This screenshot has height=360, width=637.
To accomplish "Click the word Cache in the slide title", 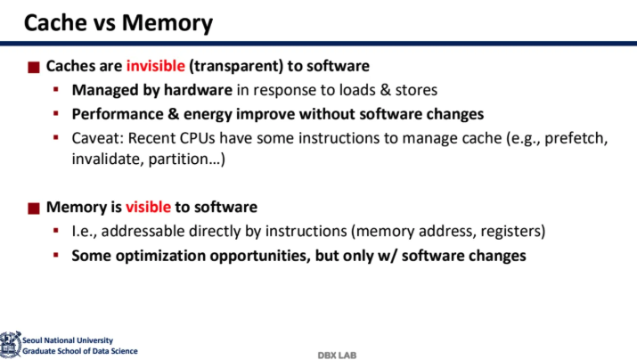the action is pyautogui.click(x=55, y=22).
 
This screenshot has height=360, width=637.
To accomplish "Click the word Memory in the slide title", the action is pyautogui.click(x=167, y=23).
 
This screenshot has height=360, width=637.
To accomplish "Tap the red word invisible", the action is pyautogui.click(x=156, y=66).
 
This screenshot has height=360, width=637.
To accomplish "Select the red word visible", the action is pyautogui.click(x=148, y=207).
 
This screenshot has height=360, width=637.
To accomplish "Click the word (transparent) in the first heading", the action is pyautogui.click(x=236, y=66).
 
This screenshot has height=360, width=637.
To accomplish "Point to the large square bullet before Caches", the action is pyautogui.click(x=34, y=67).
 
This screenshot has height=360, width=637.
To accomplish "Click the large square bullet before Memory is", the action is pyautogui.click(x=34, y=209).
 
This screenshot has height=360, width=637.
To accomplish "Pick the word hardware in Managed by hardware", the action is pyautogui.click(x=198, y=90).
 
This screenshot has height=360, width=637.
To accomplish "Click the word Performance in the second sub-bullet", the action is pyautogui.click(x=118, y=114).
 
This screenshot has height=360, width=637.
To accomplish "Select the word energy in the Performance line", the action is pyautogui.click(x=208, y=115).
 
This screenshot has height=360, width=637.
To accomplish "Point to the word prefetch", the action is pyautogui.click(x=576, y=139).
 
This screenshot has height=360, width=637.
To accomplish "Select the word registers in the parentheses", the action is pyautogui.click(x=510, y=232).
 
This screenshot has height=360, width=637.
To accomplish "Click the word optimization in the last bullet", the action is pyautogui.click(x=161, y=256).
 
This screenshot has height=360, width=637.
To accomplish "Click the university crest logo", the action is pyautogui.click(x=10, y=345).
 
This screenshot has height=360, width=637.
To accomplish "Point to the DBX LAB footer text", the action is pyautogui.click(x=337, y=356).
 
